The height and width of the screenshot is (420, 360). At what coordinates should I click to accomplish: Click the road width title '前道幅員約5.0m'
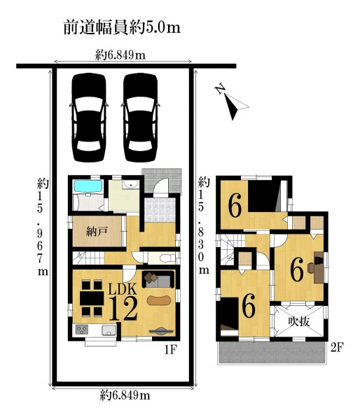(x=122, y=27)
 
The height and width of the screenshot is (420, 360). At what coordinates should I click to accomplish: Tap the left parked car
(x=89, y=118)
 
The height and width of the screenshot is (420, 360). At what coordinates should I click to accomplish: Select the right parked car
(x=141, y=118)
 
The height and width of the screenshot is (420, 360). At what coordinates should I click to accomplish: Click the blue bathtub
(x=88, y=186)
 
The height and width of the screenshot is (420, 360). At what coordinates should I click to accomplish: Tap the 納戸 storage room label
(x=97, y=231)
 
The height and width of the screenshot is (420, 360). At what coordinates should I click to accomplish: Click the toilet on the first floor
(x=166, y=258)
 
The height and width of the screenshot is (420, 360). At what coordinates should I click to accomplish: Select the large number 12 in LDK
(x=123, y=309)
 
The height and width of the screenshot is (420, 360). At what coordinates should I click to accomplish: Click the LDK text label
(x=123, y=289)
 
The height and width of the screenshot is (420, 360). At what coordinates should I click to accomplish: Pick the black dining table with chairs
(x=92, y=298)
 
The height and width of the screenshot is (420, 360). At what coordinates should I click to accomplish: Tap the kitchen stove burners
(x=82, y=330)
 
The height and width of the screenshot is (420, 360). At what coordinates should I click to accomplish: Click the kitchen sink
(x=109, y=330)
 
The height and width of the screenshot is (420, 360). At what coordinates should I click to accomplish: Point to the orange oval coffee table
(x=159, y=300)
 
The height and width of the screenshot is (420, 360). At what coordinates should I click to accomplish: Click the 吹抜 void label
(x=299, y=321)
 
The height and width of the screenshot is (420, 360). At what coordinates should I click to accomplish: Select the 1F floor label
(x=170, y=349)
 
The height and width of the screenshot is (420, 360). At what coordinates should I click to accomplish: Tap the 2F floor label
(x=337, y=347)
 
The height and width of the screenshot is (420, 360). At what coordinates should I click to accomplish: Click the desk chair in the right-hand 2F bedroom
(x=311, y=267)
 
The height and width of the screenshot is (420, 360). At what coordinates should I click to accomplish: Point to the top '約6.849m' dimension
(x=120, y=55)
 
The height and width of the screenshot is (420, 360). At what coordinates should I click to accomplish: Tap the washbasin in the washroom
(x=130, y=184)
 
